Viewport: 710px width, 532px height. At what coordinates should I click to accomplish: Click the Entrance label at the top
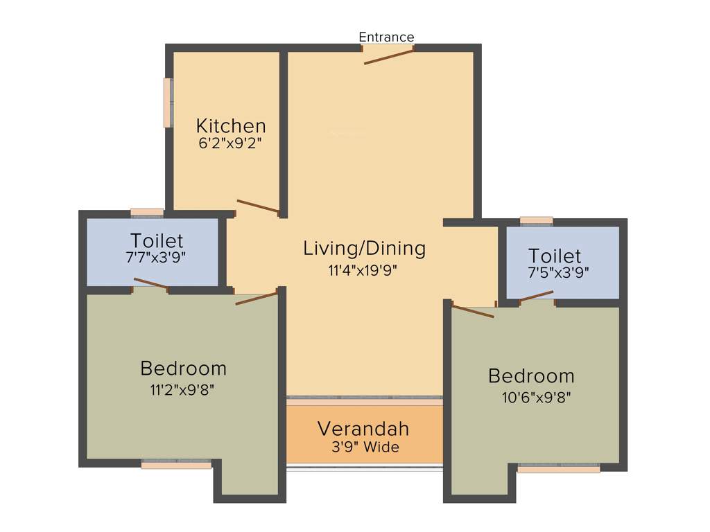point(386,37)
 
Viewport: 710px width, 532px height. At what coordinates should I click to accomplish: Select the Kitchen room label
point(231,126)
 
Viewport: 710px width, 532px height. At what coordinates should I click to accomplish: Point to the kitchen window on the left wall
point(168,103)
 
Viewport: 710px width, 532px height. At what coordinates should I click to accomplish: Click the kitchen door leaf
point(258,206)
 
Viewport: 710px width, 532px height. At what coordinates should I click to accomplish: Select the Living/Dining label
point(364,248)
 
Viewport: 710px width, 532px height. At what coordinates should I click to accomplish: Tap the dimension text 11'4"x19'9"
point(364,269)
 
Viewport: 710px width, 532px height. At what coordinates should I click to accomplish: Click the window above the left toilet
point(147,213)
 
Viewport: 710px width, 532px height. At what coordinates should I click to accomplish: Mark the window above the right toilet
point(536,221)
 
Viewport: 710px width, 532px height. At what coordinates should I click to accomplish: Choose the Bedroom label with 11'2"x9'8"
point(183,368)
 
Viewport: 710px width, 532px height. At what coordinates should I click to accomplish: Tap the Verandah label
point(363,429)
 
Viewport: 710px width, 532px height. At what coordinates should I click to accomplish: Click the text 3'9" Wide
point(365,447)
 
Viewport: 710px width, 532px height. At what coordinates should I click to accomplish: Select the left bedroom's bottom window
point(176,464)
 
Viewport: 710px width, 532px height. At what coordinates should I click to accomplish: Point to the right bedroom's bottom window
point(559,468)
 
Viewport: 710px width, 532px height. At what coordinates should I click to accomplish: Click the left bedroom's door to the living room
point(257,299)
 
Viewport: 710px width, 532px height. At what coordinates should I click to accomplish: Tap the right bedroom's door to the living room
point(473,311)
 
